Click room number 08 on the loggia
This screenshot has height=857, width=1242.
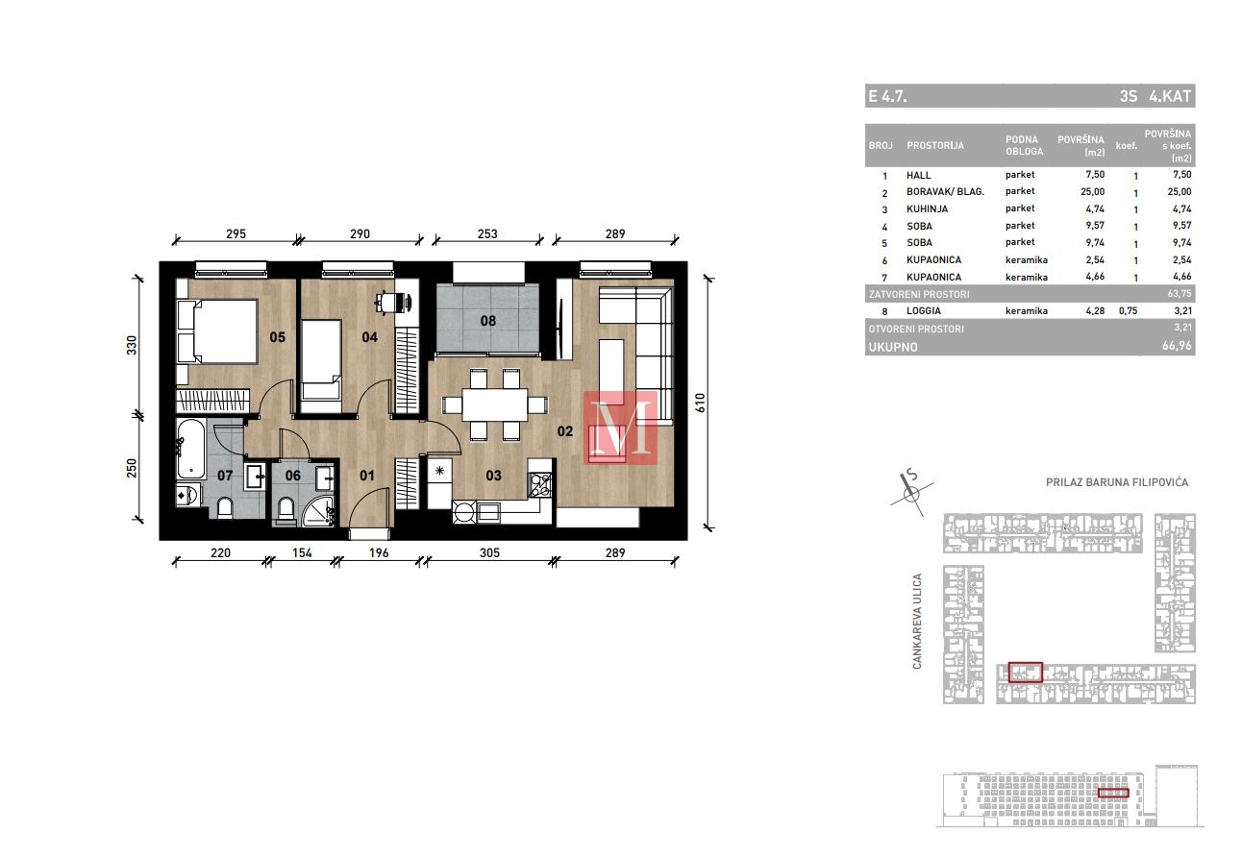(x=488, y=321)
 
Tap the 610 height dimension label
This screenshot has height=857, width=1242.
(x=700, y=403)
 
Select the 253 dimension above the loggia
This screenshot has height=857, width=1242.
(x=487, y=233)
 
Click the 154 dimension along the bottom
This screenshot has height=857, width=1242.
(x=302, y=552)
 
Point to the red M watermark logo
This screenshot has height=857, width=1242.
(x=620, y=428)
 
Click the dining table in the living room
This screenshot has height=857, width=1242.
(x=494, y=404)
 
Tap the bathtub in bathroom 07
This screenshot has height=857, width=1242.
(x=191, y=449)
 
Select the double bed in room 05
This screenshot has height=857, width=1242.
(x=217, y=331)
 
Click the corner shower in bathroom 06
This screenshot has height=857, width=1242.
(x=317, y=511)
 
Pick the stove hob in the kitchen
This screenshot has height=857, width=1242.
(x=539, y=485)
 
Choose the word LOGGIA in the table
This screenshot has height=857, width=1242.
(x=923, y=310)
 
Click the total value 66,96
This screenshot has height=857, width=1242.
(x=1177, y=346)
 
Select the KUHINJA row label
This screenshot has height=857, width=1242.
(x=927, y=208)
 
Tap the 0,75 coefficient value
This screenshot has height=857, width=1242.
(x=1128, y=310)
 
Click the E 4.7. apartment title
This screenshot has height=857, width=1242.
(x=887, y=96)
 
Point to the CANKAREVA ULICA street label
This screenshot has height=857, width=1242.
(x=917, y=621)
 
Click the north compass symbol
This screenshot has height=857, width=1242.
(x=911, y=492)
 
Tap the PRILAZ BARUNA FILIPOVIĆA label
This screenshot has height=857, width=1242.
(x=1117, y=482)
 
